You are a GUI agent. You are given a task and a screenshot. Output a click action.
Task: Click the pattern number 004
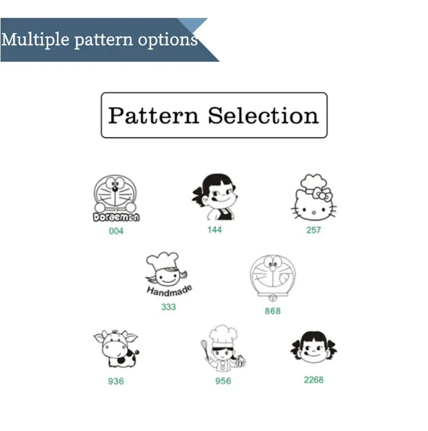[x=116, y=231]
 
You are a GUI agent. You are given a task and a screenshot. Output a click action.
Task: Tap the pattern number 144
[x=215, y=230]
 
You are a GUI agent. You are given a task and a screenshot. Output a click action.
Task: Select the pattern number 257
[x=314, y=230]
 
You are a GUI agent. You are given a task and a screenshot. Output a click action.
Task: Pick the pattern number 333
[x=169, y=307]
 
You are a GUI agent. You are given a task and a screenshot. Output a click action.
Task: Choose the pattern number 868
[x=273, y=311]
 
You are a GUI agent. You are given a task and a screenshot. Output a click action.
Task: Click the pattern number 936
[x=116, y=381]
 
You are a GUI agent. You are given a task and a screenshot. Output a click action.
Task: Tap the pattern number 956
[x=223, y=381]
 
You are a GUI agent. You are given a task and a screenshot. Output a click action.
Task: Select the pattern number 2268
[x=314, y=380]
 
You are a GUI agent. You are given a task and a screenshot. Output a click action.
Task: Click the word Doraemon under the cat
[x=116, y=217]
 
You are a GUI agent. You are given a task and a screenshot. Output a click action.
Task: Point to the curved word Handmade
[x=170, y=291]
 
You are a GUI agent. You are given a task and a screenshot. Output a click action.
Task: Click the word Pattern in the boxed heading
[x=154, y=115]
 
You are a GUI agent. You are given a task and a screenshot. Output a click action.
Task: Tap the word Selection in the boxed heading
[x=263, y=115]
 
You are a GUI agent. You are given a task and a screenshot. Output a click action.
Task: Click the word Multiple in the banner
[x=35, y=40]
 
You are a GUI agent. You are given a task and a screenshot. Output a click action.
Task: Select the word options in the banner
[x=168, y=40]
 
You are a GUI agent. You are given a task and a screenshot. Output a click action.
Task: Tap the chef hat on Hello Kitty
[x=314, y=183]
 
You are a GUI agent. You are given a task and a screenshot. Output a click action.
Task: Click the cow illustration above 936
[x=116, y=349]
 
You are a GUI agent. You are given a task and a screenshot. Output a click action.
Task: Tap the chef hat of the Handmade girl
[x=163, y=260]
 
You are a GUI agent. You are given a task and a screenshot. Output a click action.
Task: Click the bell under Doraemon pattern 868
[x=272, y=298]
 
